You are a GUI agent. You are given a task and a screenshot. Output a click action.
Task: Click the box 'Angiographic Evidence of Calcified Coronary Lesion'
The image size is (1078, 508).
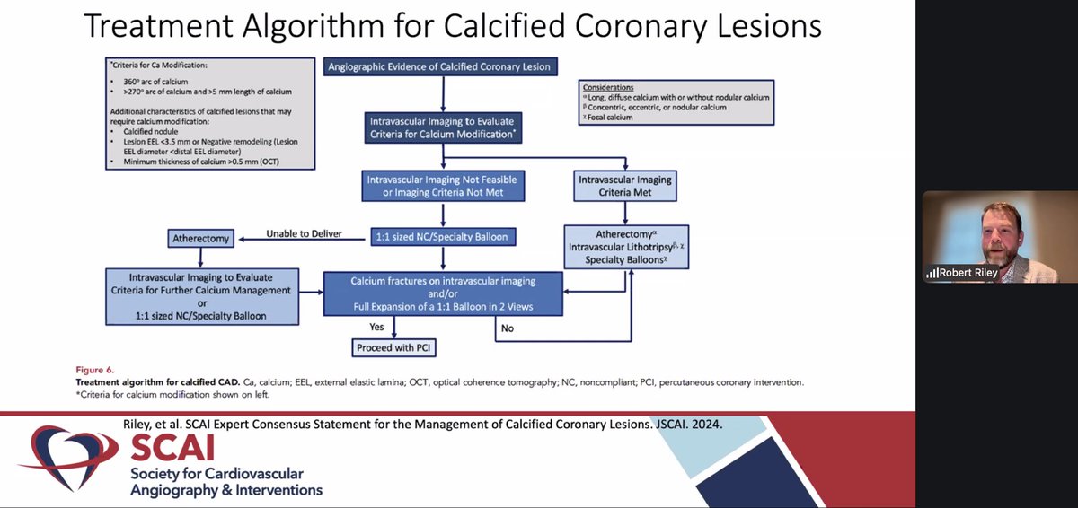click(x=439, y=66)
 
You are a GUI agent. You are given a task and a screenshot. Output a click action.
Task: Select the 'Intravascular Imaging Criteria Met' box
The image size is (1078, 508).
click(x=624, y=186)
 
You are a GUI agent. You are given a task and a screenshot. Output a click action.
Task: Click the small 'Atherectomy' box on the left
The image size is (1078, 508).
click(x=199, y=239)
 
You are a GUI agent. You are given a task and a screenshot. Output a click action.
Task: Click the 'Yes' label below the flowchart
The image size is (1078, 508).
click(x=376, y=327)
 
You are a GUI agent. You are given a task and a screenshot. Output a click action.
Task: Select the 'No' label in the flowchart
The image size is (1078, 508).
click(x=508, y=328)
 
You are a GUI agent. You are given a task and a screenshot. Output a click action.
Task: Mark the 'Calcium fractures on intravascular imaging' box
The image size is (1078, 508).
click(x=443, y=294)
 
